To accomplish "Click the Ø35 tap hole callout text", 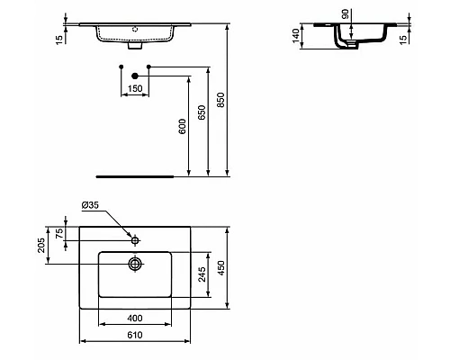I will (91, 206).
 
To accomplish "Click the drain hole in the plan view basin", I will (135, 264).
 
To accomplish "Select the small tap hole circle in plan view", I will (135, 240).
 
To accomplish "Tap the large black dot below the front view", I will (134, 76).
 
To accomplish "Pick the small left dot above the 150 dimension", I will (121, 67).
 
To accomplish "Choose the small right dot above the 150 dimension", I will (149, 67).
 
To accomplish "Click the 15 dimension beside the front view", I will (58, 38).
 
